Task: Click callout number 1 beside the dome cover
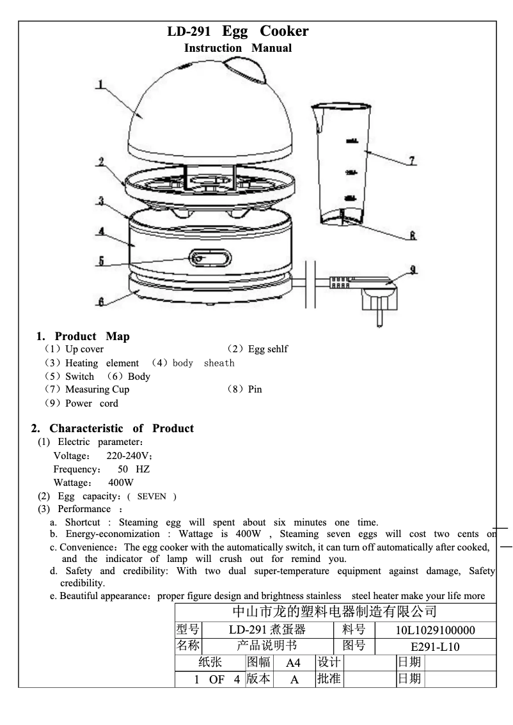100,84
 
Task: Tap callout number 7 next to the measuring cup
413,160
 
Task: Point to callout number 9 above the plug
413,270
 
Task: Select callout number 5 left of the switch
100,261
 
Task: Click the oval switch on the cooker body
210,259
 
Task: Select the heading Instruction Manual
237,48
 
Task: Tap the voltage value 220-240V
129,456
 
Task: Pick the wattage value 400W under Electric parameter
121,483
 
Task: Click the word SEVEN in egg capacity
152,497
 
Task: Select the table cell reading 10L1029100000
435,630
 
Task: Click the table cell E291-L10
435,646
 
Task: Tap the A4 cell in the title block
293,662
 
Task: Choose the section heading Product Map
92,336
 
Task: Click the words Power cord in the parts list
91,403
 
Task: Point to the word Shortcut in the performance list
83,522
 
